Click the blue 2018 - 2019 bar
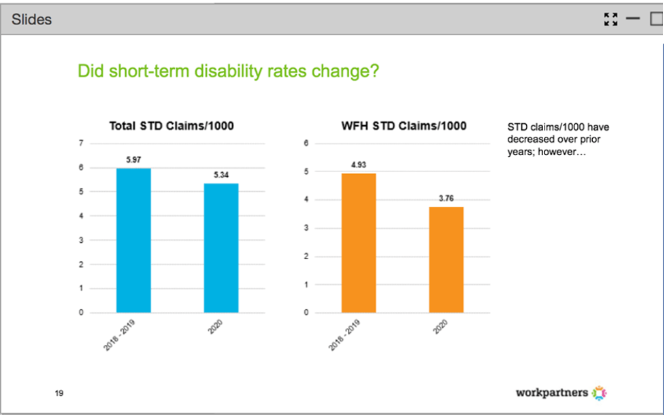tap(133, 240)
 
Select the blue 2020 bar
tap(221, 248)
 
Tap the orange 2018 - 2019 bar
tap(359, 243)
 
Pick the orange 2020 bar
tap(447, 259)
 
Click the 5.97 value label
tap(133, 160)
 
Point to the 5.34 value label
tap(221, 175)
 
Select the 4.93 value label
tap(358, 165)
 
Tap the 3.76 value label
tap(447, 199)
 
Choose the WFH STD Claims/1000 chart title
tap(404, 126)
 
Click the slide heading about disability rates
tap(228, 71)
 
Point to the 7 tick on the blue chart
tap(81, 144)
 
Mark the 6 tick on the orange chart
tap(306, 144)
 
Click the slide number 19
tap(59, 393)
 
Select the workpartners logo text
tap(552, 393)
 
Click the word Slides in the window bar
tap(31, 19)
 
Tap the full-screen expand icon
tap(611, 19)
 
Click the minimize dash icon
tap(633, 19)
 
